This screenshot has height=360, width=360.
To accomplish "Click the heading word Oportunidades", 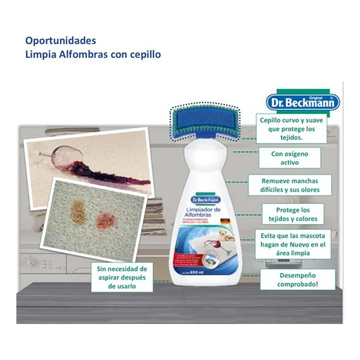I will point(60,41).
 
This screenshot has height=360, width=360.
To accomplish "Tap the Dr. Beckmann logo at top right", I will point(302,101).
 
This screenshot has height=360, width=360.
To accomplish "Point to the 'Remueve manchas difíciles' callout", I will point(290,185).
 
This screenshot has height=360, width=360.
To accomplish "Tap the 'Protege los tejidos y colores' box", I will point(292,214).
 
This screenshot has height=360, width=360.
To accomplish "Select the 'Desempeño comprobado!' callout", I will point(297,279).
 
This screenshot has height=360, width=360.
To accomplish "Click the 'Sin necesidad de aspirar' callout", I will point(122,277).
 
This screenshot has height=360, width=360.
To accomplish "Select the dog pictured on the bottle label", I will point(225,235).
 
